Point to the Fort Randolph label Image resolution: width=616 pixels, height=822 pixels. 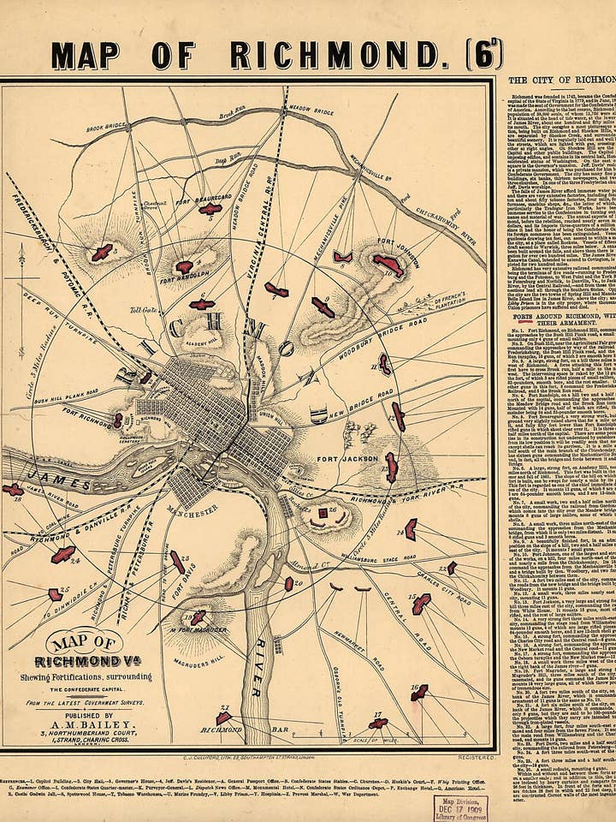pos(179,278)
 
